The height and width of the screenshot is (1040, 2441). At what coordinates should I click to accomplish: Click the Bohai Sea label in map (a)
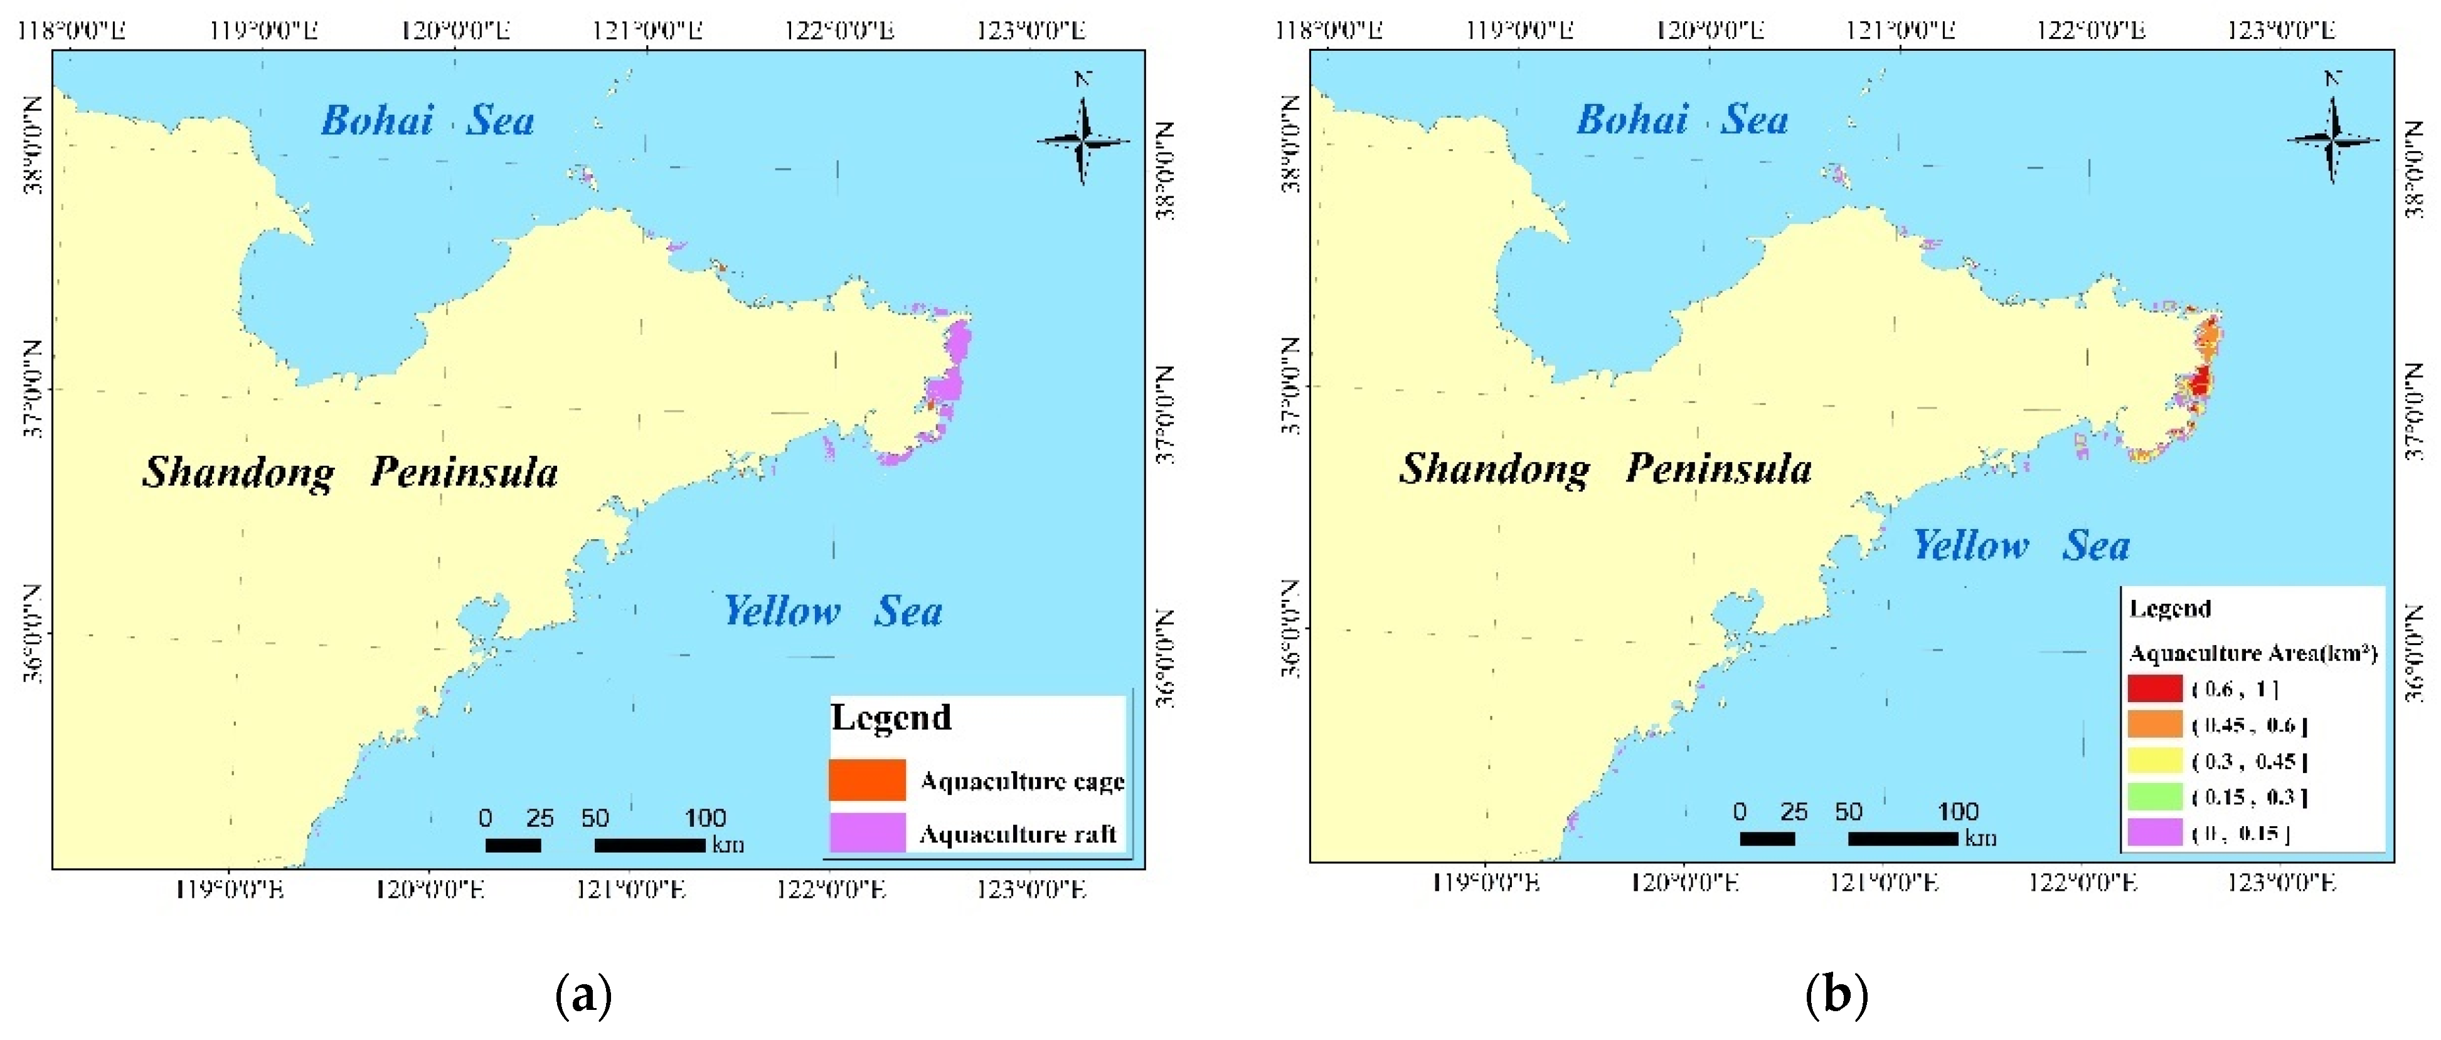(x=427, y=121)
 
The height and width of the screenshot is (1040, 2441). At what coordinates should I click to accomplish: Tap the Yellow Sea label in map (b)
(x=2021, y=545)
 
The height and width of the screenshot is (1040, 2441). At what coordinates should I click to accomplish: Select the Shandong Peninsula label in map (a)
(x=351, y=471)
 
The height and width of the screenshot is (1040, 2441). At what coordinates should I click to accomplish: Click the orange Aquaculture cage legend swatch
(x=866, y=779)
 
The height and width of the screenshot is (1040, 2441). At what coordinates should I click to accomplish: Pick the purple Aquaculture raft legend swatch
(x=866, y=833)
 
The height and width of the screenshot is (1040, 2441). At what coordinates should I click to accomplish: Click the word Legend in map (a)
(x=891, y=717)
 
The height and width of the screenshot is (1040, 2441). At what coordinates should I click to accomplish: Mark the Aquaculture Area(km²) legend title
(x=2252, y=653)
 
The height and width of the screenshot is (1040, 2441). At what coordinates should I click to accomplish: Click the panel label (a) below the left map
(x=583, y=995)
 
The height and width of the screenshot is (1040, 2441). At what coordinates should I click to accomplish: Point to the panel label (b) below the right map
(x=1836, y=995)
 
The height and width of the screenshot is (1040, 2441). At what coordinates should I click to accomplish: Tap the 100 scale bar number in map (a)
(x=705, y=817)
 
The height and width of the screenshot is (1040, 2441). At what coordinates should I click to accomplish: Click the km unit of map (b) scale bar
(x=1981, y=838)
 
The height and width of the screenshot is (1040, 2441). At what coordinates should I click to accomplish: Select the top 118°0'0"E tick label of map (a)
(x=71, y=30)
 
